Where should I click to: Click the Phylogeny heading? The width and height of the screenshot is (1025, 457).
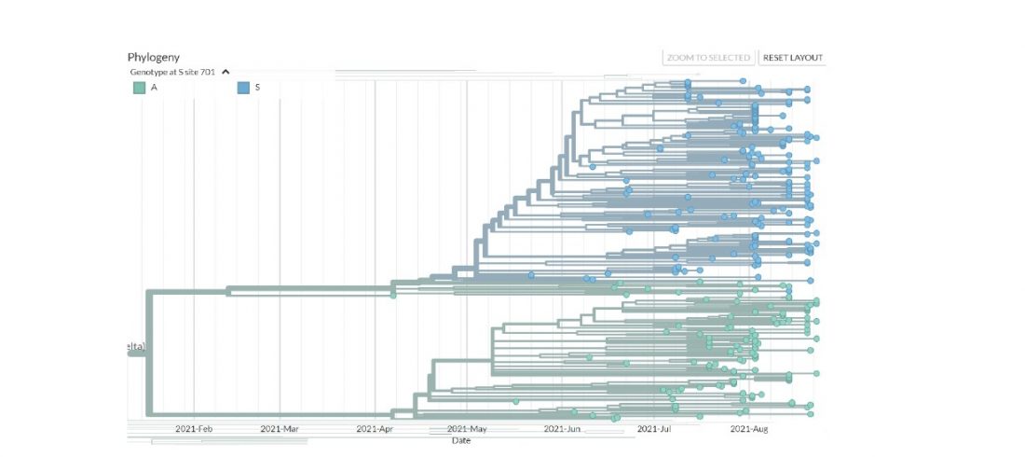(x=154, y=57)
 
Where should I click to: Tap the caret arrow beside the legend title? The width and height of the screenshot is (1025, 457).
(x=225, y=72)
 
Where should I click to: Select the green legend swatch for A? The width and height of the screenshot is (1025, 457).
(x=139, y=88)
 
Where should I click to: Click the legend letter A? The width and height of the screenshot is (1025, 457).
(x=154, y=88)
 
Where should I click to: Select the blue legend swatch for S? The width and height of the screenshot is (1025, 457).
(x=243, y=88)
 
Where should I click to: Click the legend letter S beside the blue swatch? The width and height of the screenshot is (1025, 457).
(x=258, y=88)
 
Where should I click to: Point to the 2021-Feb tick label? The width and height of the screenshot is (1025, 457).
(x=194, y=429)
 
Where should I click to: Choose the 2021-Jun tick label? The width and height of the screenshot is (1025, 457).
(x=562, y=429)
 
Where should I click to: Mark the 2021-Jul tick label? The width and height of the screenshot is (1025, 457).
(x=654, y=429)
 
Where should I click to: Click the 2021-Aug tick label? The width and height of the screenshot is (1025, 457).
(x=748, y=429)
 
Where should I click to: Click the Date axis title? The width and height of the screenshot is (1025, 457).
(x=461, y=440)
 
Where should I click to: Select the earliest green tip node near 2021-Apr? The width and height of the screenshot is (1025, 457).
(x=393, y=296)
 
